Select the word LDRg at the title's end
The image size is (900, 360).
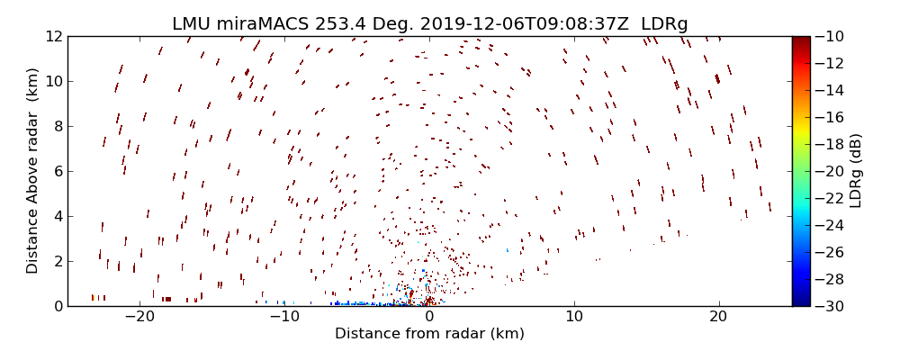pyautogui.click(x=664, y=23)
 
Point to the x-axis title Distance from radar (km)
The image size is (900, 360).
pyautogui.click(x=429, y=334)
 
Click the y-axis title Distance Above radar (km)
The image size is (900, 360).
pyautogui.click(x=32, y=171)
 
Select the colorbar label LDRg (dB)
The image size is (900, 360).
pyautogui.click(x=855, y=171)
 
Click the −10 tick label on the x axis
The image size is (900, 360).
pyautogui.click(x=284, y=317)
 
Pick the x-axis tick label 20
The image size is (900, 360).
pyautogui.click(x=718, y=317)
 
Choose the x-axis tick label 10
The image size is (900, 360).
pyautogui.click(x=574, y=317)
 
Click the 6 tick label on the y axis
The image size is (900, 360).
pyautogui.click(x=57, y=171)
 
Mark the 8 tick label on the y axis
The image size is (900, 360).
pyautogui.click(x=57, y=126)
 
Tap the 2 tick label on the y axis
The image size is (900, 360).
pyautogui.click(x=57, y=261)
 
